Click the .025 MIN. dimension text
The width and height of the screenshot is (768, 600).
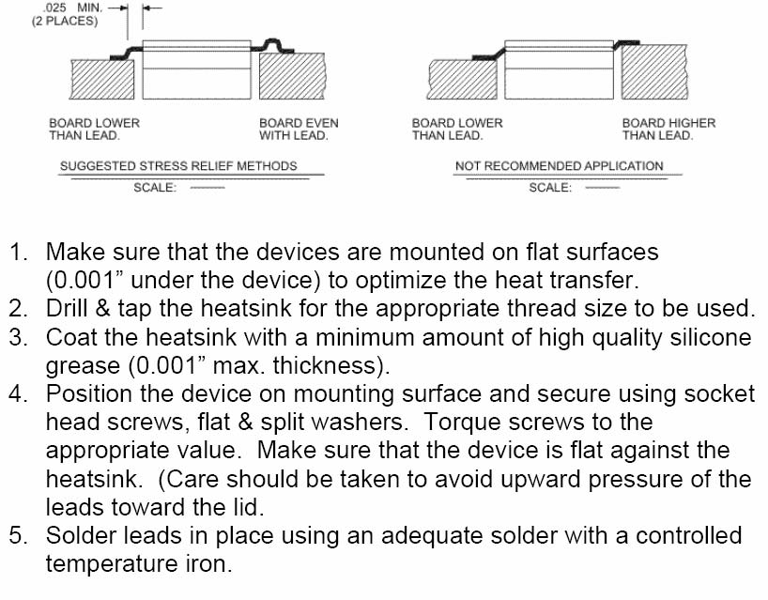[72, 8]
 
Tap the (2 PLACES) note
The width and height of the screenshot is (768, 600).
[65, 21]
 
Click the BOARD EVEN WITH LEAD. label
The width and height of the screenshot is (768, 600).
[299, 129]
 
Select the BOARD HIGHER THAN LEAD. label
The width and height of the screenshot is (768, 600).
[668, 129]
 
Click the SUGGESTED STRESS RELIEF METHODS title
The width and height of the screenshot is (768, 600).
[178, 165]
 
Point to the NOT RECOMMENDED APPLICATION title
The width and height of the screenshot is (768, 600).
[560, 165]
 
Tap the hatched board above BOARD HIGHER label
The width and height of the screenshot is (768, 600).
[654, 71]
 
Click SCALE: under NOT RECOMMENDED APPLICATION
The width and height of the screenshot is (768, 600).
[550, 187]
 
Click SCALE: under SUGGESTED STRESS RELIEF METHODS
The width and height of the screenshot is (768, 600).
[155, 187]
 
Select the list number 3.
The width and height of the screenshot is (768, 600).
[18, 337]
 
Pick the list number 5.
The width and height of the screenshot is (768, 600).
[18, 535]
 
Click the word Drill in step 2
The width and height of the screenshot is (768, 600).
[67, 309]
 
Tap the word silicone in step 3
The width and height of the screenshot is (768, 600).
[710, 337]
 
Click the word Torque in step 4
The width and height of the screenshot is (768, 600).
[460, 423]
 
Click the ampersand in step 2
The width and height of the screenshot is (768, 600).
[103, 309]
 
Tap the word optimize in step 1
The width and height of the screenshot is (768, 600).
[401, 281]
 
